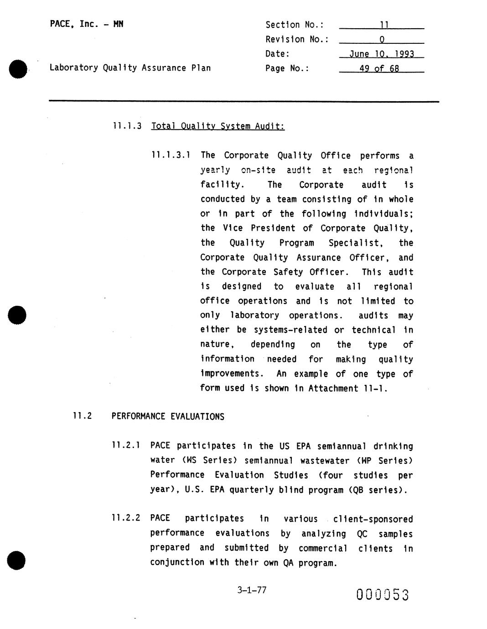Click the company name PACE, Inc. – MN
(87, 24)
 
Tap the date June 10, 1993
(382, 54)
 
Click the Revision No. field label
(297, 39)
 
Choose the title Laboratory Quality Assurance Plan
(130, 68)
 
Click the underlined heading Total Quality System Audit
(218, 126)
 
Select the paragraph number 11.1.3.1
(171, 155)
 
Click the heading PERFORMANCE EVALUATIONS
(168, 417)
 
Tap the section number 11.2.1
(125, 445)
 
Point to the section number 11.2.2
(125, 518)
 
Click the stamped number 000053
(383, 595)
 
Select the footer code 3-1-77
(252, 590)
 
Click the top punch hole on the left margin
(18, 69)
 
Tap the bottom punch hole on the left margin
(16, 560)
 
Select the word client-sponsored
(373, 519)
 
